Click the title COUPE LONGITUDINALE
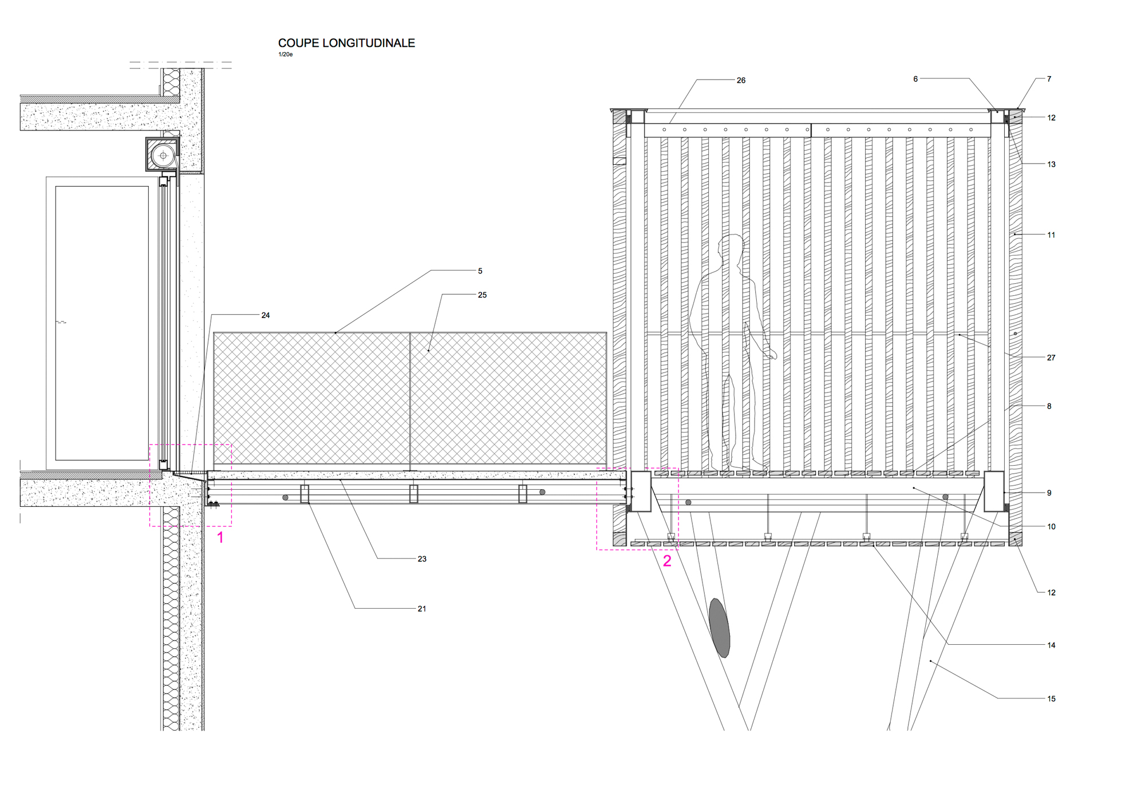346,43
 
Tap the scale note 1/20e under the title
285,54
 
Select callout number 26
741,81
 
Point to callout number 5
480,271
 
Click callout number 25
482,295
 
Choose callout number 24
266,315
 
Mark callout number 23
422,559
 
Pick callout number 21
422,609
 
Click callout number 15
1051,699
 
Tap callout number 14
1051,645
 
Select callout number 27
1051,358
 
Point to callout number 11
1051,235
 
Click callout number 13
1051,164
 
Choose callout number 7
1049,79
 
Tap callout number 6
915,79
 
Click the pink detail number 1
220,538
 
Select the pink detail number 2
667,561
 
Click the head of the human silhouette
731,247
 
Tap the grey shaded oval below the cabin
720,628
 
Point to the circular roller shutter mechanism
163,155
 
